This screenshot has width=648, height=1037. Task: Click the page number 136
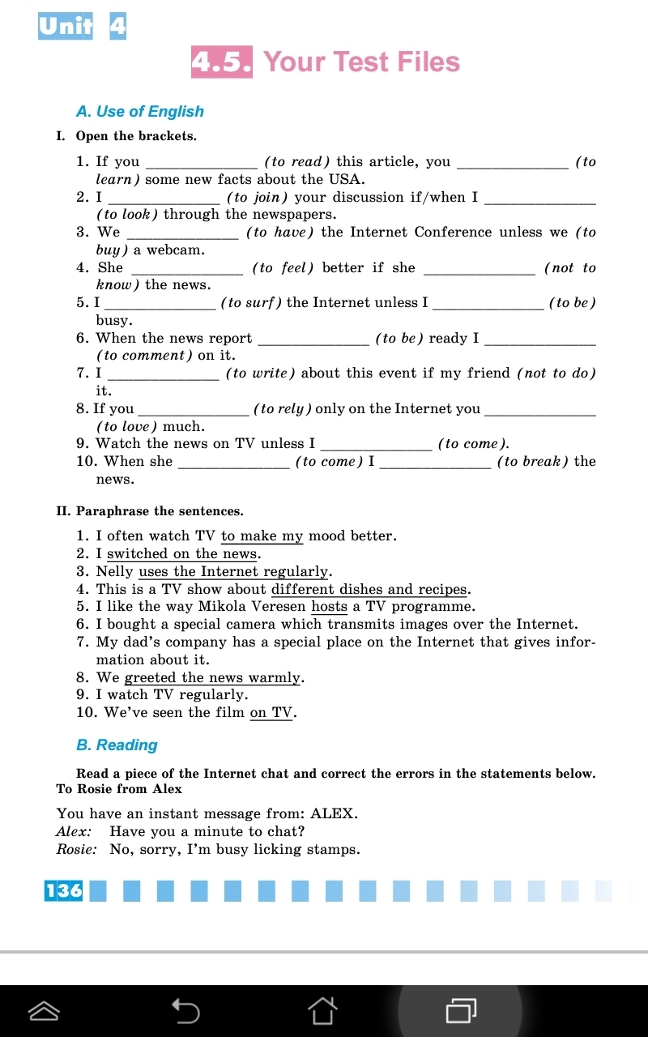click(x=64, y=890)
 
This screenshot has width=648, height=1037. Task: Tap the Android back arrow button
click(x=185, y=1010)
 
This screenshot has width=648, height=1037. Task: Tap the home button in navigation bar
click(x=322, y=1010)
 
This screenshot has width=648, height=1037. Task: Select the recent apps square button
click(x=461, y=1010)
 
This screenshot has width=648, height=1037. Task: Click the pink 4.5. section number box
click(x=221, y=62)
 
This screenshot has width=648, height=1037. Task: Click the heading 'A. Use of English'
click(x=139, y=112)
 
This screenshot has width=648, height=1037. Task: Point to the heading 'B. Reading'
click(x=117, y=745)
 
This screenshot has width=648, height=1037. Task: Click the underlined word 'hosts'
click(x=329, y=606)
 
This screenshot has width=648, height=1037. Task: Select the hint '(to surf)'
click(x=251, y=303)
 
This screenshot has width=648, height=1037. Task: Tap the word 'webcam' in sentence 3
click(x=175, y=250)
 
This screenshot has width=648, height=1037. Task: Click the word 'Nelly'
click(x=114, y=571)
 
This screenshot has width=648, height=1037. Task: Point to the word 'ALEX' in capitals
click(x=333, y=813)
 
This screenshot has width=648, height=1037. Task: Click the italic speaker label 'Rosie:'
click(x=76, y=850)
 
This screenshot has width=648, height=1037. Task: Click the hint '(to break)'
click(x=532, y=462)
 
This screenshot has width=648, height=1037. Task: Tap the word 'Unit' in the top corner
click(x=66, y=27)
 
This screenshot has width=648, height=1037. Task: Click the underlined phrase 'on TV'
click(x=271, y=713)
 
